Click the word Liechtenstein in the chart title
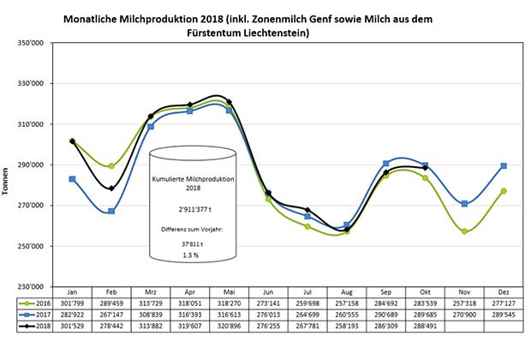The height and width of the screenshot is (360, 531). click(272, 33)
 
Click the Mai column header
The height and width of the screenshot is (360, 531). click(229, 291)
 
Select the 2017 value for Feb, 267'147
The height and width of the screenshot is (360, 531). click(111, 315)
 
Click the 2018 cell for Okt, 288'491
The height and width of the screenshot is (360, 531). click(425, 327)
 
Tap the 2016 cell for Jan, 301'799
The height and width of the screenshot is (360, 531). click(73, 303)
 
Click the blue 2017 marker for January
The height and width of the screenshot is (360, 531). click(73, 179)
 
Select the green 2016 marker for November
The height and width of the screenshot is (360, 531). click(463, 231)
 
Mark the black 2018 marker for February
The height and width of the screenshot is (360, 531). click(111, 188)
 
